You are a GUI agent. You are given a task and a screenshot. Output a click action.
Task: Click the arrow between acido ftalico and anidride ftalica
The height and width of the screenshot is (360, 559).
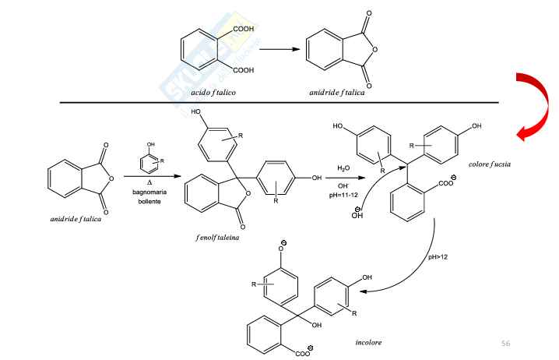click(x=279, y=49)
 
